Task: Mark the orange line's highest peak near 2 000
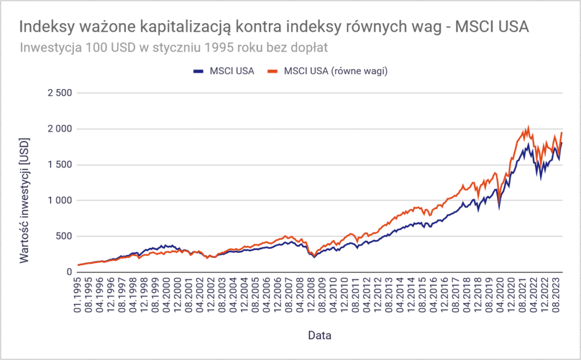529,128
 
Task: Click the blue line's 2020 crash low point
499,209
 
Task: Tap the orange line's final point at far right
562,132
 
